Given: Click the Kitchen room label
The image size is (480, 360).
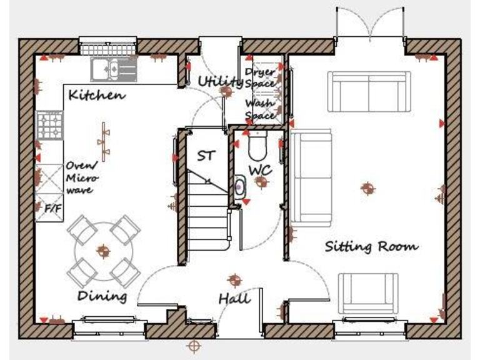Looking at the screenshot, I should point(96,96).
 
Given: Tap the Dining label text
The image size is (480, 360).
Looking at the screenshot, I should point(102,296).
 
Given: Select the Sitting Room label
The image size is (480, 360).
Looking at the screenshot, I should point(371,246).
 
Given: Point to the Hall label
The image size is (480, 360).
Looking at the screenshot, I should point(234,299).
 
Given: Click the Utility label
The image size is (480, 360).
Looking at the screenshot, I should point(219,82).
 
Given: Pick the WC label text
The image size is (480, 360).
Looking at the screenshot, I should point(259,170).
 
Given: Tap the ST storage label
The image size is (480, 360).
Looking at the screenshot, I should point(206,156).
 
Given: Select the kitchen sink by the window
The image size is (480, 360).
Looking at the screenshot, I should point(114,68).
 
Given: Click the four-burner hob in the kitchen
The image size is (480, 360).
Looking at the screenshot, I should point(50,125).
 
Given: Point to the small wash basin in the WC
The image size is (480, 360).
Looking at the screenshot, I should point(239,184).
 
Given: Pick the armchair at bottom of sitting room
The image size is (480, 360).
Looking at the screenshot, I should point(368,294).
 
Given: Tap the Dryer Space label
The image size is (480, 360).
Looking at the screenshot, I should point(259,77).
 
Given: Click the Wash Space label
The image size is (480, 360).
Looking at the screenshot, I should point(260,109).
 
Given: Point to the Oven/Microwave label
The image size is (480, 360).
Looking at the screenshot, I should point(82,177).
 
